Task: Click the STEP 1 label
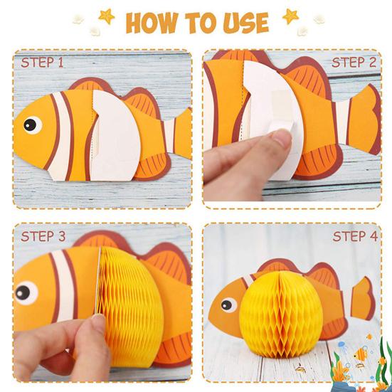(x=42, y=62)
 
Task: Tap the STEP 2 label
(x=354, y=62)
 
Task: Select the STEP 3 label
(x=43, y=236)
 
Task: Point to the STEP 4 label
(x=355, y=236)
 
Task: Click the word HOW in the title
(x=152, y=23)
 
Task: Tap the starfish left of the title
(x=107, y=16)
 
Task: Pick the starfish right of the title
(x=290, y=16)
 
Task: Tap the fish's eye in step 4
(x=228, y=305)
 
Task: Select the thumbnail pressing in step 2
(x=281, y=138)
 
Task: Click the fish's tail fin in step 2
(x=364, y=120)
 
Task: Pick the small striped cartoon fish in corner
(x=360, y=354)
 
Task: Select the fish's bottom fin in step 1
(x=152, y=166)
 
